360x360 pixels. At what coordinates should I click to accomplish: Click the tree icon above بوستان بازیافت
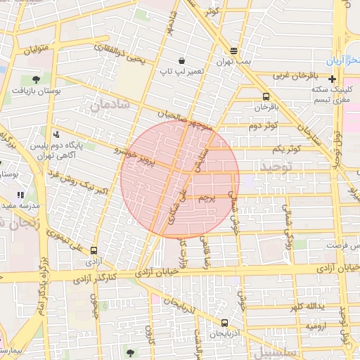click(x=35, y=79)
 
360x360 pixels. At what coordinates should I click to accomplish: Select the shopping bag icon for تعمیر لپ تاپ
click(x=182, y=60)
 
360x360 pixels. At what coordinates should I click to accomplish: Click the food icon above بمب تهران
click(x=233, y=51)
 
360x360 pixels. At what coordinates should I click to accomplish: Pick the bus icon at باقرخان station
click(x=266, y=96)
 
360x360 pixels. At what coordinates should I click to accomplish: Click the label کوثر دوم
click(x=261, y=126)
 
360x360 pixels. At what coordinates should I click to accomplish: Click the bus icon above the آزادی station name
click(x=94, y=249)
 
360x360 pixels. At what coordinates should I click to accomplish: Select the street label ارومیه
click(x=316, y=327)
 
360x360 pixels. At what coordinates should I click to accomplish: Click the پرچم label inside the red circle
click(x=205, y=199)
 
